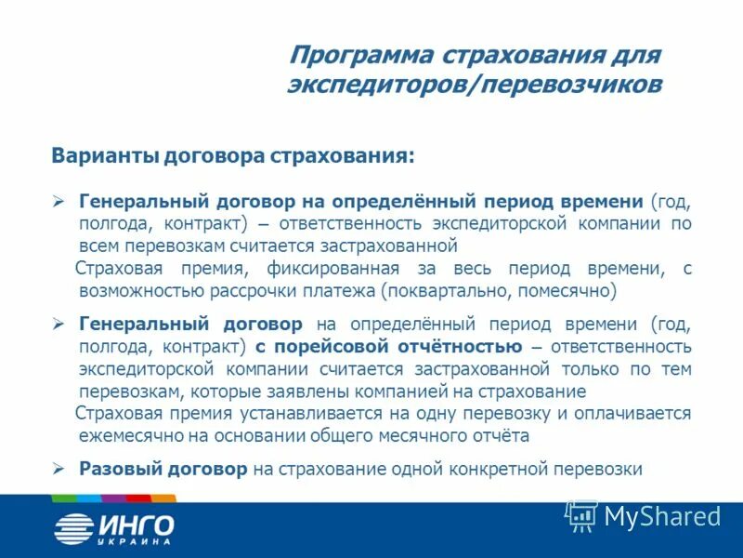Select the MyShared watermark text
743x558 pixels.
[x=662, y=515]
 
